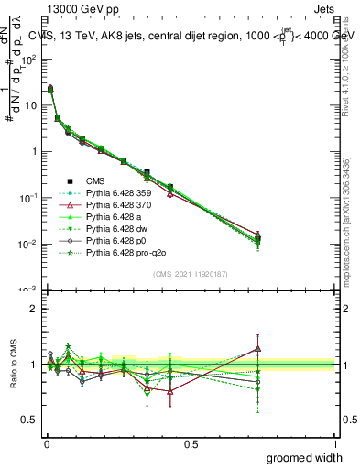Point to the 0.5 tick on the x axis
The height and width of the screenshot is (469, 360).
191,443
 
